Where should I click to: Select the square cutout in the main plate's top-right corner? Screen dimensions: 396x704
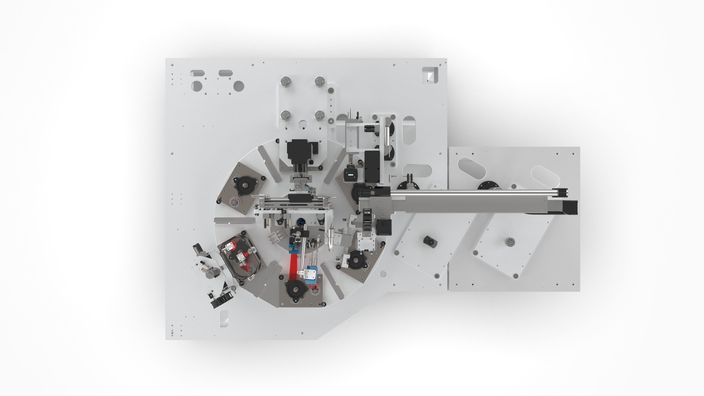point(430,75)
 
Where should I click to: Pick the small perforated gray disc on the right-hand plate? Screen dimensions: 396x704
point(509,242)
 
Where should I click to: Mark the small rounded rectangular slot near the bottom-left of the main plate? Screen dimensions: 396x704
point(224,318)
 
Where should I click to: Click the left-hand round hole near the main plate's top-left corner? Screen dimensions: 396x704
point(197,86)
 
